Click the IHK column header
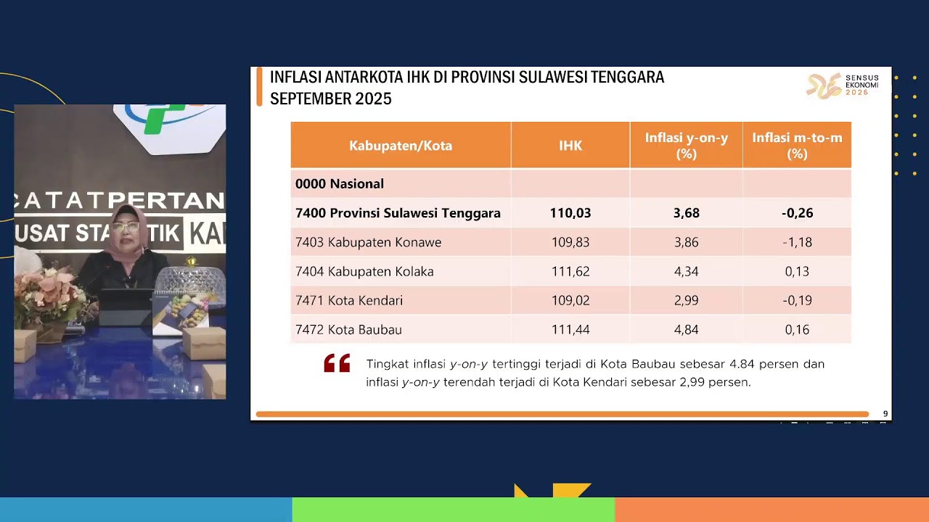(x=570, y=146)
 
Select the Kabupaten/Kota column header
(x=401, y=146)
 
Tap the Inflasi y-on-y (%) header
(x=686, y=146)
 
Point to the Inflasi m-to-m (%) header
(x=797, y=146)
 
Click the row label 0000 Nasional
(x=339, y=184)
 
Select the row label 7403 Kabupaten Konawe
(x=368, y=242)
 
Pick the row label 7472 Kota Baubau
(x=348, y=330)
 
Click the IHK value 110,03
(x=570, y=213)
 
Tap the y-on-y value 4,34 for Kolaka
(x=686, y=272)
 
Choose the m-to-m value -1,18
(x=797, y=242)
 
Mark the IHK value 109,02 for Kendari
(x=570, y=301)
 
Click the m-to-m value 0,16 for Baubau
(x=797, y=330)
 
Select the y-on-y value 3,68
(x=686, y=213)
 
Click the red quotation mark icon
(x=337, y=363)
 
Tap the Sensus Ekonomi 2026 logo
(x=843, y=86)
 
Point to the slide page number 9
(x=885, y=414)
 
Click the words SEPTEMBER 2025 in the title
(x=330, y=99)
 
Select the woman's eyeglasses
(x=126, y=228)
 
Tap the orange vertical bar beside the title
(x=259, y=88)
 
